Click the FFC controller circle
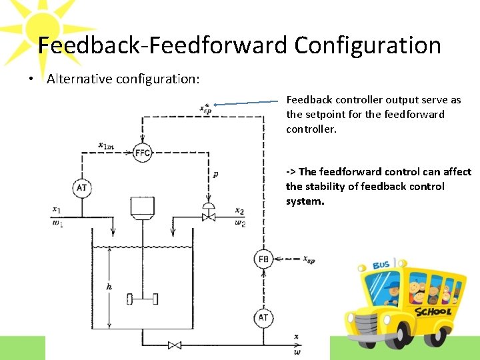pyautogui.click(x=142, y=153)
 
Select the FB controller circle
pyautogui.click(x=263, y=259)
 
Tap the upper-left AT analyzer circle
pyautogui.click(x=81, y=188)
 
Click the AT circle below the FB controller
pyautogui.click(x=263, y=317)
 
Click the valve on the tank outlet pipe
pyautogui.click(x=175, y=345)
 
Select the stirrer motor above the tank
pyautogui.click(x=143, y=207)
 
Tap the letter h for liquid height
pyautogui.click(x=109, y=287)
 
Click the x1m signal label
pyautogui.click(x=105, y=145)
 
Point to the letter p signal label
pyautogui.click(x=215, y=174)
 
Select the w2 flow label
pyautogui.click(x=240, y=223)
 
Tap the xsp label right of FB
pyautogui.click(x=309, y=259)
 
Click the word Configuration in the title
pyautogui.click(x=367, y=45)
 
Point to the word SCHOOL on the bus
pyautogui.click(x=433, y=311)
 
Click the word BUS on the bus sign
pyautogui.click(x=381, y=265)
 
